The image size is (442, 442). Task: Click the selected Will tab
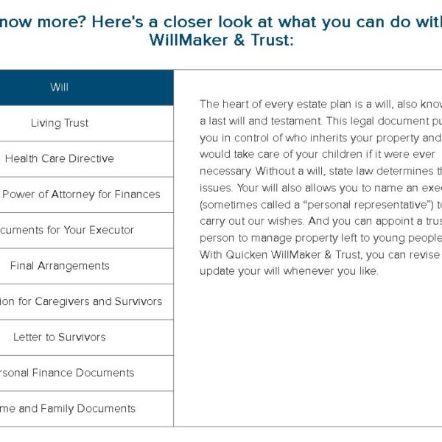pyautogui.click(x=60, y=88)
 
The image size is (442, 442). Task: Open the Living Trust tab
pyautogui.click(x=60, y=123)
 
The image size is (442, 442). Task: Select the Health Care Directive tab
pyautogui.click(x=60, y=158)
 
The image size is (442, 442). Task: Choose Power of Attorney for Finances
pyautogui.click(x=81, y=194)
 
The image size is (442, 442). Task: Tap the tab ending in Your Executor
pyautogui.click(x=66, y=230)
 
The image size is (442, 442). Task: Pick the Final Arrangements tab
pyautogui.click(x=60, y=266)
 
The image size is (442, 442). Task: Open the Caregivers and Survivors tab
pyautogui.click(x=81, y=301)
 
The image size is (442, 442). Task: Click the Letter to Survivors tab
pyautogui.click(x=60, y=337)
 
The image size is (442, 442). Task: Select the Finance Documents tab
pyautogui.click(x=66, y=373)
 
